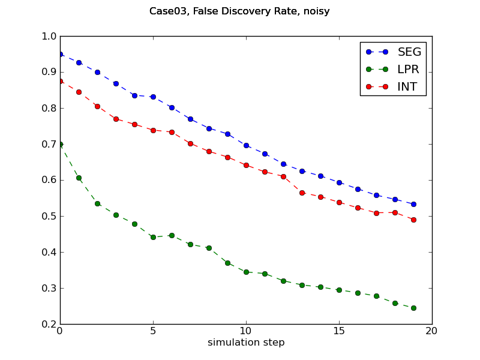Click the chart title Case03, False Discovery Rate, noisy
[239, 11]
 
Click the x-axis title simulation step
[246, 343]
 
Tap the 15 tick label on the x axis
[339, 331]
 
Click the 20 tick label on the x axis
[432, 331]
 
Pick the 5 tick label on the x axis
[153, 331]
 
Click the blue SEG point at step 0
[60, 54]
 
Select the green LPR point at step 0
[60, 144]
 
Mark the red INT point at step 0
[60, 81]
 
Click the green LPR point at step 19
[413, 308]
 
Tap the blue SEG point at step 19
[413, 204]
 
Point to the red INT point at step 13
[302, 193]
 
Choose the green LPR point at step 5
[153, 237]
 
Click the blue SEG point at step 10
[246, 145]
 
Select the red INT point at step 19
[413, 220]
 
